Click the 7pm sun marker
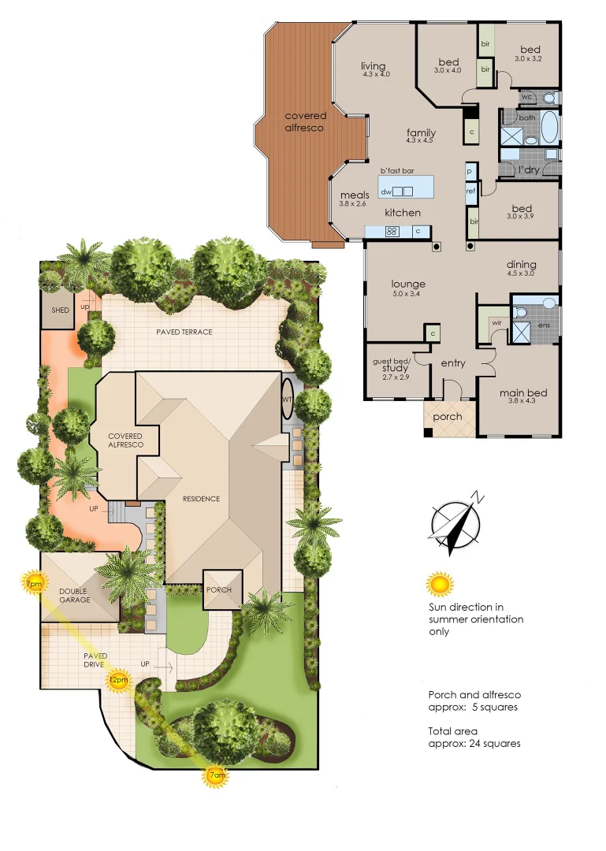click(x=34, y=584)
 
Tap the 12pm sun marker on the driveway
click(x=118, y=679)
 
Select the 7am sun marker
click(x=217, y=776)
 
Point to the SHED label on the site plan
click(x=60, y=310)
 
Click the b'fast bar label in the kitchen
click(x=397, y=171)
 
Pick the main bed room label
click(x=523, y=393)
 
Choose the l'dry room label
click(x=526, y=170)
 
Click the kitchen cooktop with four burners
click(x=391, y=232)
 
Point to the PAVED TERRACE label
click(x=184, y=332)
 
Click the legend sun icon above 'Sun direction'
click(x=440, y=585)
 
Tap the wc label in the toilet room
click(x=528, y=98)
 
